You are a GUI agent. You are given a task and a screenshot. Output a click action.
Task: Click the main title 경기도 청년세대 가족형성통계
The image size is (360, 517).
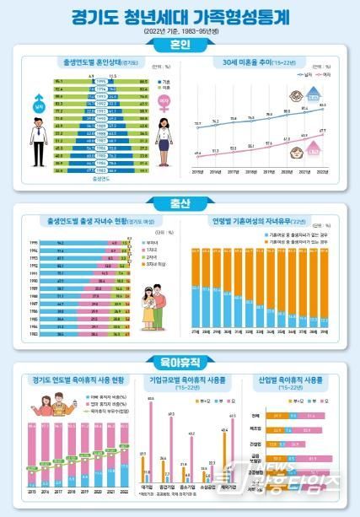[179, 17]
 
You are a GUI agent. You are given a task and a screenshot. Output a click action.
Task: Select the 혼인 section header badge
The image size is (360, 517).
[179, 42]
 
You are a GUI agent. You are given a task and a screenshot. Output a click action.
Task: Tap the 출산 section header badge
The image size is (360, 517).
[179, 202]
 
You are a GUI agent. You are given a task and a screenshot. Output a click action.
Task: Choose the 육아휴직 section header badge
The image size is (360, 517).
[179, 363]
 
